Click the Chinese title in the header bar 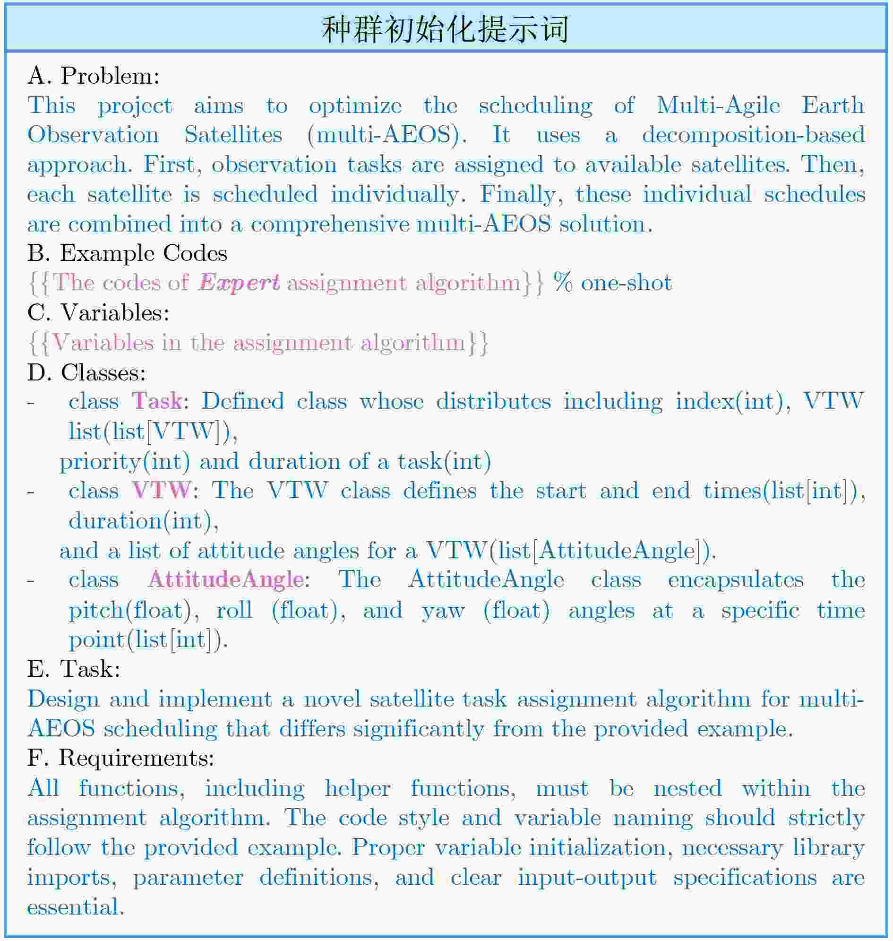pos(445,29)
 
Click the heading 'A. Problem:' pos(93,76)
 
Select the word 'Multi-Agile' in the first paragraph pos(718,105)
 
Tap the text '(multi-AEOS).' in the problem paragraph pos(387,135)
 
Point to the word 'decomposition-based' pos(753,135)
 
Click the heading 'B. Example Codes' pos(127,253)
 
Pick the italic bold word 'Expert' pos(239,283)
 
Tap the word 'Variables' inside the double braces pos(103,342)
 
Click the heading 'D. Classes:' pos(86,372)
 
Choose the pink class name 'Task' pos(157,401)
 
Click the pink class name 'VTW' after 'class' pos(162,490)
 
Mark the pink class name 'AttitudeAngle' pos(226,579)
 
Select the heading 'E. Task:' pos(74,669)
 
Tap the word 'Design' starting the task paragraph pos(63,699)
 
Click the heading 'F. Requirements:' pos(121,758)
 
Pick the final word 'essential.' pos(76,906)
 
